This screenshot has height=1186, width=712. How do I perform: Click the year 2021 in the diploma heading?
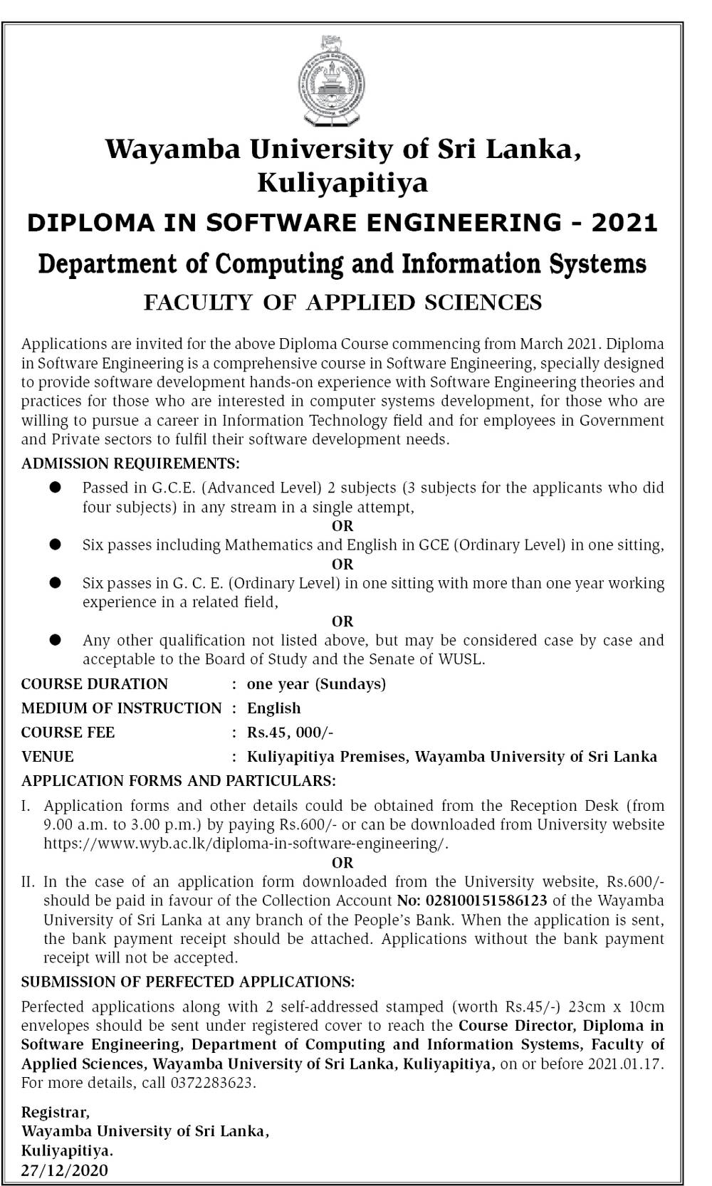tap(624, 223)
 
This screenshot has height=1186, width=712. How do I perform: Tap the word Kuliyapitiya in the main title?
tap(342, 183)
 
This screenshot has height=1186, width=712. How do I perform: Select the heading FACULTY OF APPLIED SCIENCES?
tap(342, 303)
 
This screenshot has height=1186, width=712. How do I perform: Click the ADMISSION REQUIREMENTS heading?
tap(130, 464)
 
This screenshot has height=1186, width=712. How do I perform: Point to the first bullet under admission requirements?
tap(55, 488)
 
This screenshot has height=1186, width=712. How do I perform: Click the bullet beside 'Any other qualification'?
tap(55, 640)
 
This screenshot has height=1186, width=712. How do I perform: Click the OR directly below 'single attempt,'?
tap(342, 526)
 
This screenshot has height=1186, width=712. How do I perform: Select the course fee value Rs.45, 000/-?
tap(290, 733)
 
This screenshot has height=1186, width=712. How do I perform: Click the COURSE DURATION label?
tap(95, 684)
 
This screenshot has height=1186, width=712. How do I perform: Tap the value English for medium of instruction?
tap(273, 708)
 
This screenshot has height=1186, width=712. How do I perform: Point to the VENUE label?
tap(47, 757)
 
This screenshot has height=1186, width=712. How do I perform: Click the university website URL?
tap(246, 844)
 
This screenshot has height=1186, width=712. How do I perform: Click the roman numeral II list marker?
tap(28, 882)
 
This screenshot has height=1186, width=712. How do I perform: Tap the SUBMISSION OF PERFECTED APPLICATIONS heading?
tap(188, 982)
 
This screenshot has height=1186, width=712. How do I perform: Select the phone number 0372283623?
tap(211, 1083)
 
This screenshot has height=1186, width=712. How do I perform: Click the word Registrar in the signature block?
tap(55, 1112)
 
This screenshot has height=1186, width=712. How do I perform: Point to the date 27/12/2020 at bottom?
tap(65, 1170)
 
